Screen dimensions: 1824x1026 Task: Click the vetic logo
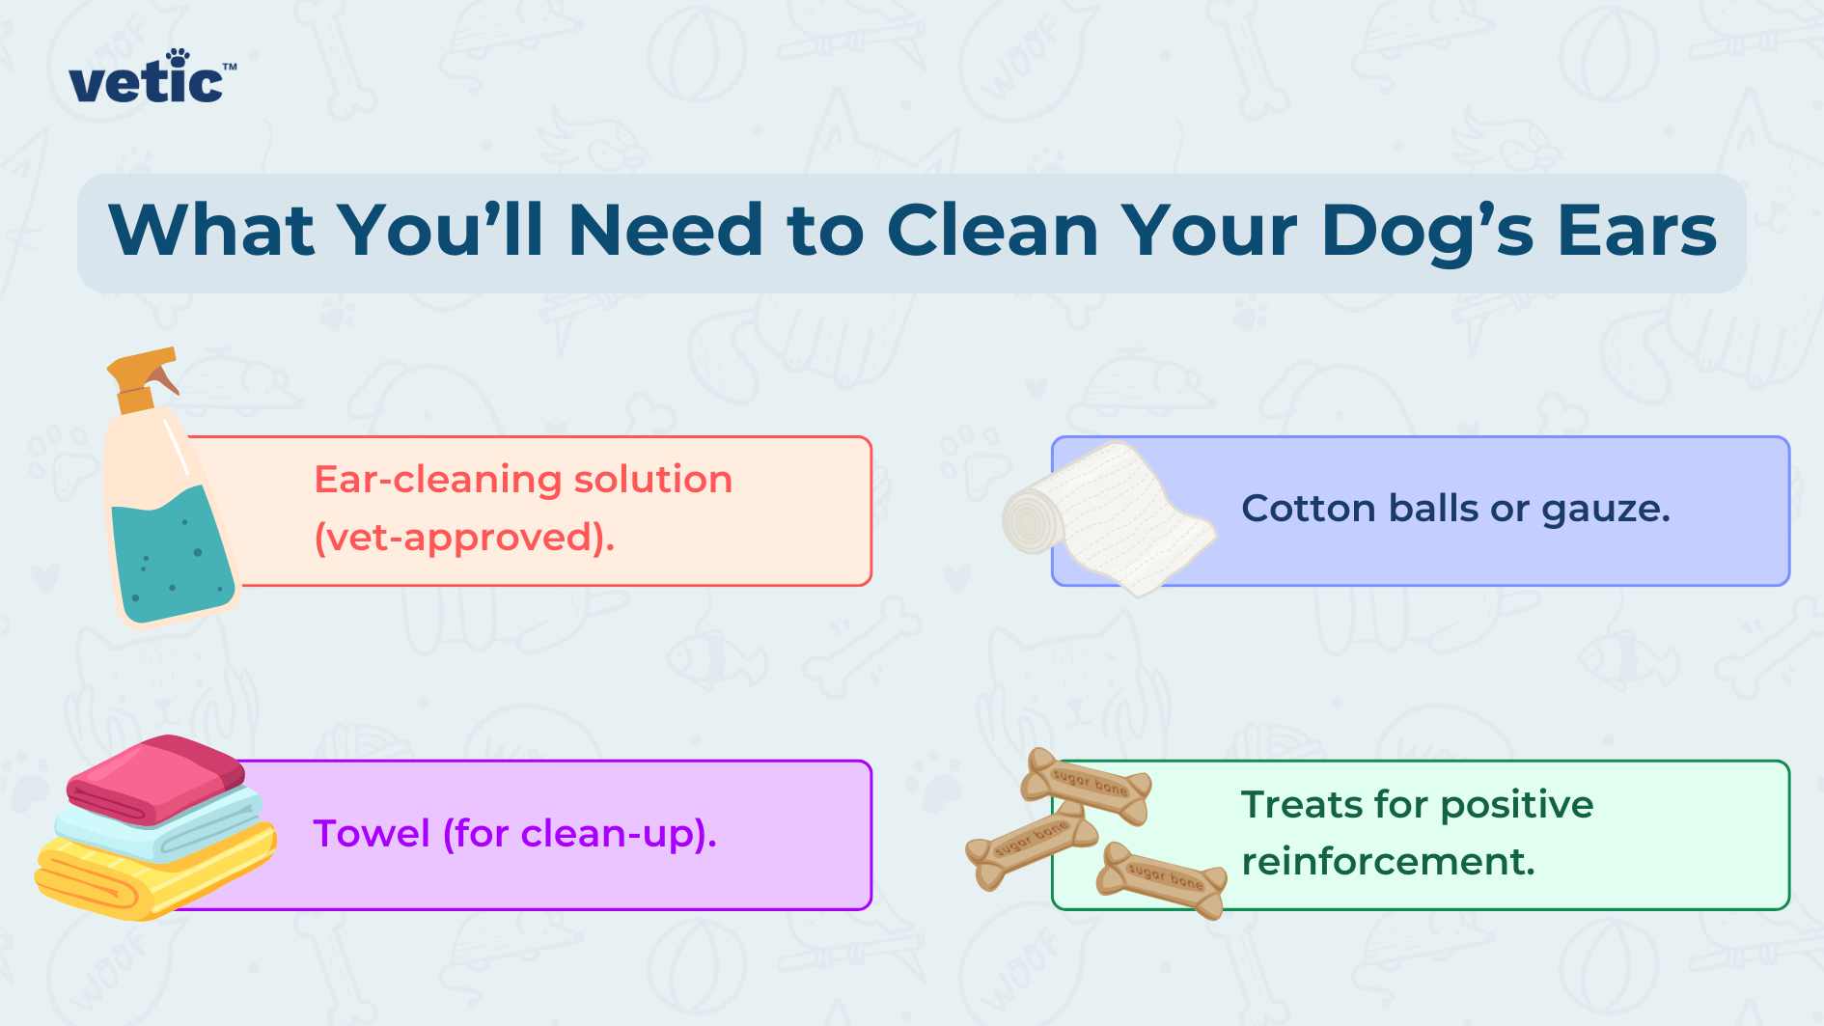[152, 76]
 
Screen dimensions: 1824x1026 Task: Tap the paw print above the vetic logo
[178, 57]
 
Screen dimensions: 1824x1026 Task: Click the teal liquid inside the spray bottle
[172, 554]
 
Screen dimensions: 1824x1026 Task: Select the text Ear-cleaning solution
[523, 480]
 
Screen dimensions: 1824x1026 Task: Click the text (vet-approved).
[464, 538]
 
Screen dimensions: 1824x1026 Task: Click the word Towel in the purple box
[372, 834]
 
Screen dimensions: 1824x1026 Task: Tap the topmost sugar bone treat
[1088, 785]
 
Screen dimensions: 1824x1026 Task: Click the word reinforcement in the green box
[1388, 861]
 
